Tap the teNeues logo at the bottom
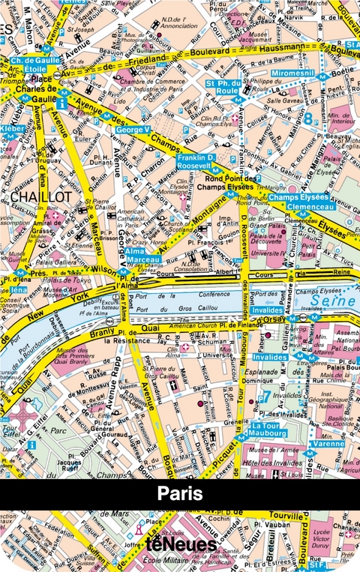coord(179,544)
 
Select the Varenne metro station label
coord(328,443)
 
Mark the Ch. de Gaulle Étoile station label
coord(30,64)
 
